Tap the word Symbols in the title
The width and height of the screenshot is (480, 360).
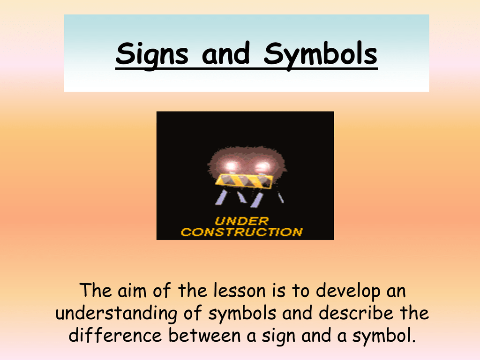[321, 55]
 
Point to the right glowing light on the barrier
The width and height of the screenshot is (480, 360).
[263, 166]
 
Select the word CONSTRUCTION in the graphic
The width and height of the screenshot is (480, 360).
[242, 232]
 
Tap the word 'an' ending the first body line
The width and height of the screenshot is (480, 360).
[395, 292]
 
